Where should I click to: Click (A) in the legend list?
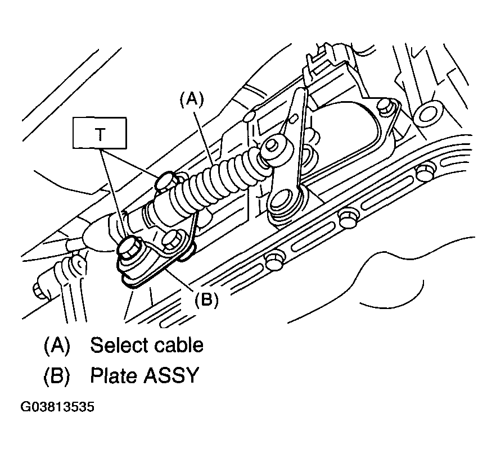coord(56,344)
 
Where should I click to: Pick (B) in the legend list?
coord(56,375)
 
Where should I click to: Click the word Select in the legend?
coord(119,344)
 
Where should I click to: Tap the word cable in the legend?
coord(178,344)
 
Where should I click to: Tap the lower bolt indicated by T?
coord(130,248)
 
